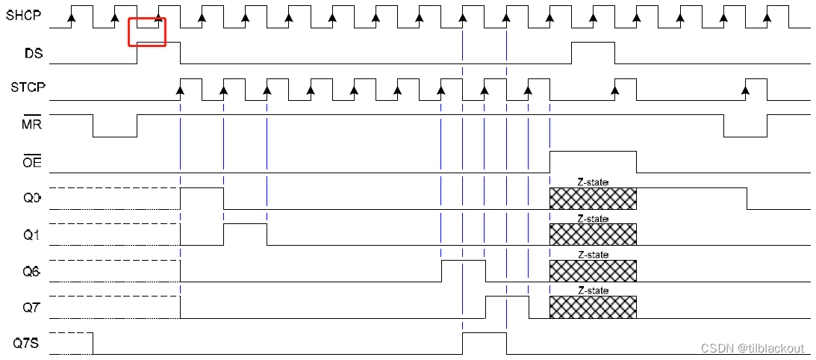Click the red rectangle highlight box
(x=147, y=32)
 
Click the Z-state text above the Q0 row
(x=593, y=182)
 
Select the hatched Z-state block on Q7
(x=593, y=307)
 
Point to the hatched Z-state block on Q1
(x=593, y=235)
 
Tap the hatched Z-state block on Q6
(x=593, y=270)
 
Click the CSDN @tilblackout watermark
(x=752, y=348)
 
